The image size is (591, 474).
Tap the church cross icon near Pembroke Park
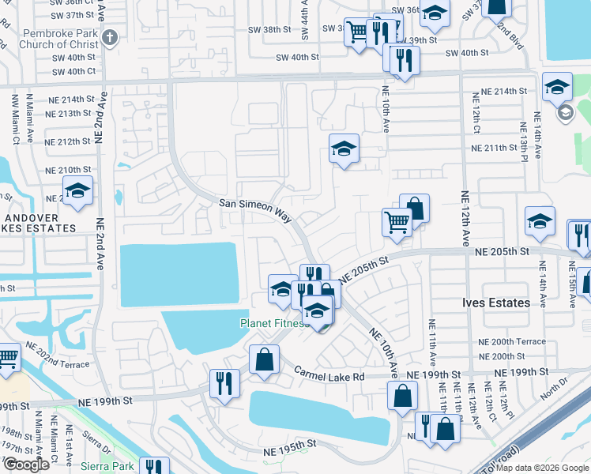pos(111,36)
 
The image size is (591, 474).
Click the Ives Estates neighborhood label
pos(495,303)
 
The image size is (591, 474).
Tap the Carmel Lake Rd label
pos(329,374)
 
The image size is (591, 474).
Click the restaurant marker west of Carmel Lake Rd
pos(224,384)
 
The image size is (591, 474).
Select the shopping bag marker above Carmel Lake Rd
pos(264,359)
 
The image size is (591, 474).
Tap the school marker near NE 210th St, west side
pos(77,190)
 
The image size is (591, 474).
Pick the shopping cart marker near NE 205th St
pos(397,221)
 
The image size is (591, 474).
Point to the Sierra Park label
pos(107,466)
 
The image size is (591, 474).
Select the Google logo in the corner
pos(25,465)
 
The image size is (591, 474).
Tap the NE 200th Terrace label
pos(512,341)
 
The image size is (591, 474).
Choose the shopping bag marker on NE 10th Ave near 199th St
pos(403,395)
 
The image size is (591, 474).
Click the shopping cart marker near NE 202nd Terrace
pos(8,357)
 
